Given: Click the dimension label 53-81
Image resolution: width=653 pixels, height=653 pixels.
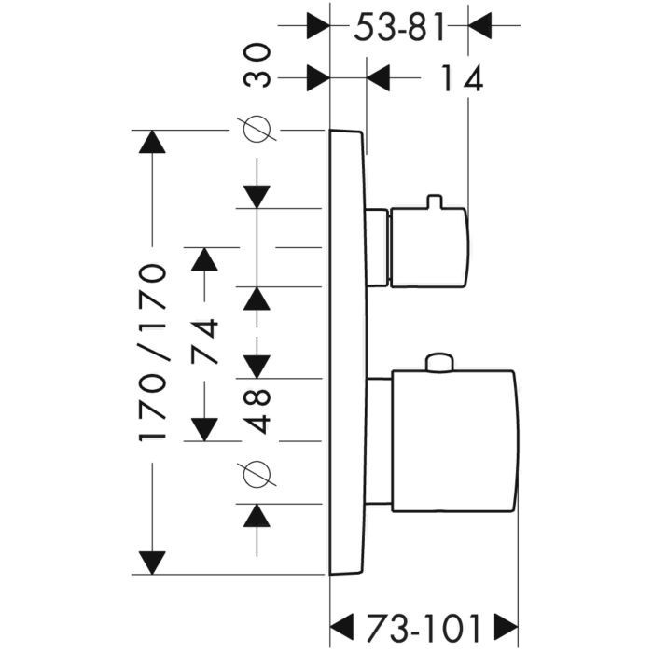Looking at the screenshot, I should coord(400,29).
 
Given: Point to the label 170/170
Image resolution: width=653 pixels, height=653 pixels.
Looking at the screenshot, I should coord(152,353).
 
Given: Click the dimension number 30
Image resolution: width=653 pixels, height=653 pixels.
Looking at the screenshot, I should coord(259,65).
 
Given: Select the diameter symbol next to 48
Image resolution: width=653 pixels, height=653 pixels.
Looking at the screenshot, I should coord(259,475).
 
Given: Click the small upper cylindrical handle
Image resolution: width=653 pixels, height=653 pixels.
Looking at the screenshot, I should coord(428,247).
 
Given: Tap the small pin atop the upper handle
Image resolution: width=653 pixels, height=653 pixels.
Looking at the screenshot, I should coord(432,201).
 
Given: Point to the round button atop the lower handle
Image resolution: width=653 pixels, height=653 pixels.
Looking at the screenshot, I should coord(438,363).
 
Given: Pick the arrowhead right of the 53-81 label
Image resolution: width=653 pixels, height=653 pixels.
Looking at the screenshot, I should coord(479,25).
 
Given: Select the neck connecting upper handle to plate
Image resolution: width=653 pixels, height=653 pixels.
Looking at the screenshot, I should coord(377,247).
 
